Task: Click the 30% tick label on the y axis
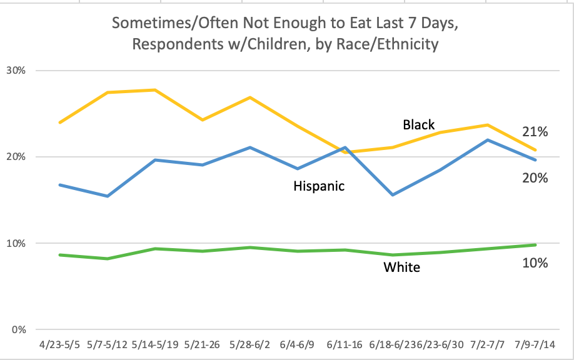click(x=16, y=70)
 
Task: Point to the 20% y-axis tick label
click(x=16, y=156)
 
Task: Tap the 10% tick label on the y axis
click(x=16, y=243)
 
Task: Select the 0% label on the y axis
click(x=19, y=329)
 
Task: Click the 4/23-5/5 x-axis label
click(x=60, y=346)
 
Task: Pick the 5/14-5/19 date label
click(x=154, y=346)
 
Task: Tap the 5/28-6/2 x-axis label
click(x=249, y=346)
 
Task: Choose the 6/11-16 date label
click(x=345, y=346)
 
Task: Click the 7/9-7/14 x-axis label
click(x=535, y=346)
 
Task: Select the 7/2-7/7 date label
click(x=487, y=346)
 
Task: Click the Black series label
click(x=419, y=125)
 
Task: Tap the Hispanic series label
click(x=319, y=186)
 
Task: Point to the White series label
click(x=401, y=267)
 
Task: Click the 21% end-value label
click(x=535, y=132)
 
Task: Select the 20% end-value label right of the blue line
click(x=535, y=178)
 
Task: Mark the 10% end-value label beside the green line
click(x=535, y=263)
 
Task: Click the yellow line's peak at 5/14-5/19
click(x=154, y=90)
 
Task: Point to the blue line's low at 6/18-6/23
click(x=392, y=195)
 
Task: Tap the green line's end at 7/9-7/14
click(x=535, y=245)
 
